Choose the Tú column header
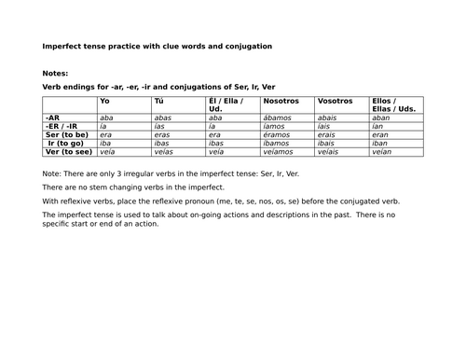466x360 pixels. click(x=158, y=100)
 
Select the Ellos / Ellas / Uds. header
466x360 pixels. click(x=391, y=104)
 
